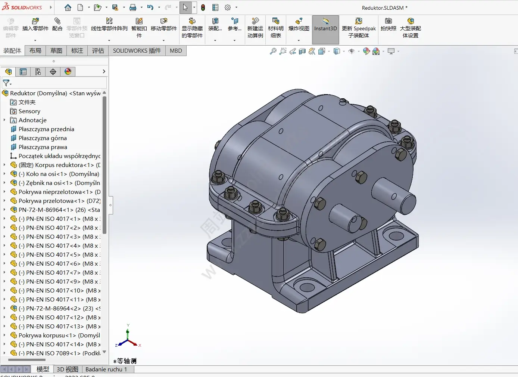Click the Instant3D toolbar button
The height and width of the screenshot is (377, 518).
pyautogui.click(x=325, y=29)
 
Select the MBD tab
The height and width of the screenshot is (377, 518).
pyautogui.click(x=176, y=51)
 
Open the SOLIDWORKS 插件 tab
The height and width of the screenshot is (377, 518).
pyautogui.click(x=137, y=51)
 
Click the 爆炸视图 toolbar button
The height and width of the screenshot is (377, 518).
pyautogui.click(x=299, y=29)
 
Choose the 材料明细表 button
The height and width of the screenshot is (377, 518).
pyautogui.click(x=275, y=29)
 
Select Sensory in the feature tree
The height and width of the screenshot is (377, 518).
pyautogui.click(x=29, y=111)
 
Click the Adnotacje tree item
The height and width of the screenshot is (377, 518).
pyautogui.click(x=32, y=120)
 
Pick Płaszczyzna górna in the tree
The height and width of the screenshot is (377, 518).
pyautogui.click(x=43, y=138)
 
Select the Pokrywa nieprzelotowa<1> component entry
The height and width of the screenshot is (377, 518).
pyautogui.click(x=55, y=192)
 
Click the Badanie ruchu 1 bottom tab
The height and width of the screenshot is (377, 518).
pyautogui.click(x=106, y=369)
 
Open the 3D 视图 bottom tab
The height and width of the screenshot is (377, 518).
pyautogui.click(x=67, y=369)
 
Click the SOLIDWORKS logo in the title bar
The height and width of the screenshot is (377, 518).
pyautogui.click(x=22, y=7)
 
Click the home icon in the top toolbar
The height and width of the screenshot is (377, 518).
pyautogui.click(x=68, y=7)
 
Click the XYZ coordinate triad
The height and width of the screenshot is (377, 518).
pyautogui.click(x=128, y=337)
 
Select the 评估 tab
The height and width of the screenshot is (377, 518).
pyautogui.click(x=98, y=51)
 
